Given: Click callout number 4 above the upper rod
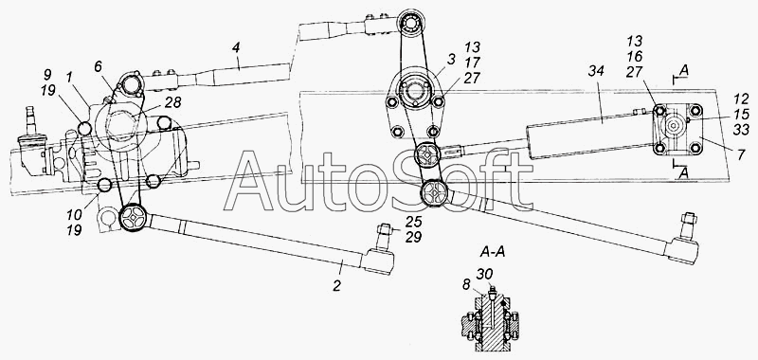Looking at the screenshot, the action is coord(235,48).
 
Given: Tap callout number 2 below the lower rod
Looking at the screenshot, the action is coord(337,285).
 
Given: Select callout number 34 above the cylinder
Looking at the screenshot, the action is coord(597,73).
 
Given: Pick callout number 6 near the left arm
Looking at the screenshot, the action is coord(99,67).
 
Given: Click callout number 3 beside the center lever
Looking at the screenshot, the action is coord(450,60).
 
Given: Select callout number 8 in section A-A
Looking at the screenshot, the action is coord(466,285).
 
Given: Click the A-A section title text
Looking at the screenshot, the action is coord(493,252).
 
